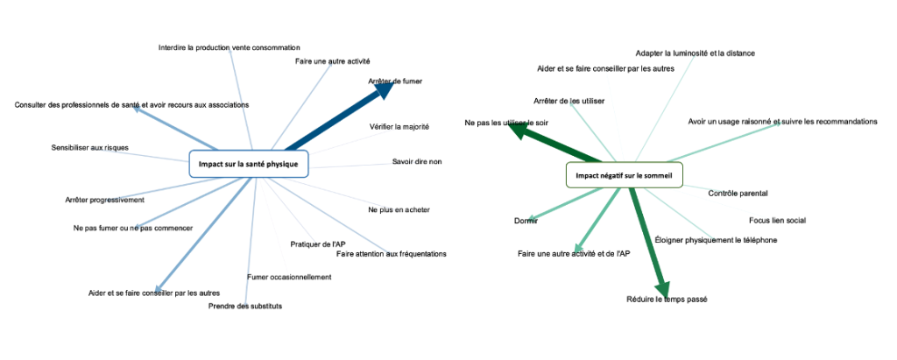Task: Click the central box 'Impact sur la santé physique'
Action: (x=249, y=164)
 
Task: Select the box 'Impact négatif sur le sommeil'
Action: (x=624, y=175)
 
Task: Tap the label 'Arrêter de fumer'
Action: (x=394, y=81)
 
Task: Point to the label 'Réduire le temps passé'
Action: (x=667, y=300)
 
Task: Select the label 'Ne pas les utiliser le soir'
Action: (x=505, y=124)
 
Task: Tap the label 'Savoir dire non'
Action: (x=417, y=161)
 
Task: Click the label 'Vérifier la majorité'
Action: (x=399, y=127)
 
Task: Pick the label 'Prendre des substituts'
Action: (x=245, y=306)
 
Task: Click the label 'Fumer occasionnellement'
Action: (x=289, y=278)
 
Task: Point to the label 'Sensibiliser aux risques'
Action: (x=89, y=148)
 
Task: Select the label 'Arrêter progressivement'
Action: (x=104, y=200)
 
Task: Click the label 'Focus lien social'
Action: (x=777, y=220)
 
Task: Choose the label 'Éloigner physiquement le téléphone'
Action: (x=716, y=240)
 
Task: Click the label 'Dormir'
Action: (x=526, y=221)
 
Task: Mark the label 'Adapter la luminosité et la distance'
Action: (x=695, y=53)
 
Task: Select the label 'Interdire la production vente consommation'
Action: (x=230, y=47)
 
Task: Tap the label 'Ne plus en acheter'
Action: (x=399, y=210)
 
